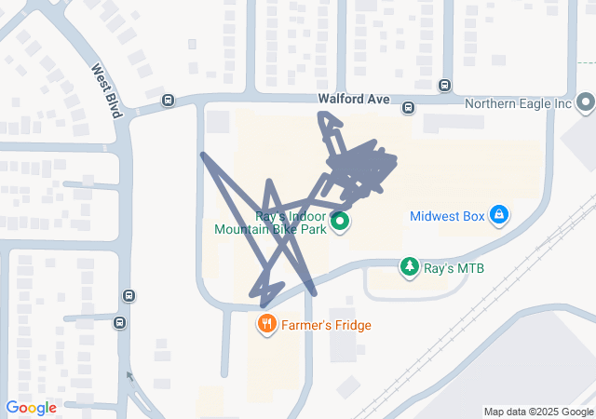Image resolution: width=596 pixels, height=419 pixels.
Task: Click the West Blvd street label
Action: point(107,90)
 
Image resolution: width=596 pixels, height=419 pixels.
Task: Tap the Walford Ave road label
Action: point(352,98)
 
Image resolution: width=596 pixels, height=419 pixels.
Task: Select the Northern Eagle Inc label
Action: point(517,103)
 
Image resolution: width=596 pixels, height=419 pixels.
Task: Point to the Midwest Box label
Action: point(447,216)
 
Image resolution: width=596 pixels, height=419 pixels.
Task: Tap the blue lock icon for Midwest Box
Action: point(499,215)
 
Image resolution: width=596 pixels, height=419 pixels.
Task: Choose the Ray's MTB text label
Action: point(454,268)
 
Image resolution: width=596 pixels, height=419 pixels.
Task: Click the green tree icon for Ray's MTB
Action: point(409,267)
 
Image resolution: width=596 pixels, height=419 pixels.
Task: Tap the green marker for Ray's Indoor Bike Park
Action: point(340,222)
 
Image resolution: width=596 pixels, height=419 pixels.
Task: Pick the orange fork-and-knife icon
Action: point(266,324)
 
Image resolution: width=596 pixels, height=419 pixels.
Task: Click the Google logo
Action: point(31,408)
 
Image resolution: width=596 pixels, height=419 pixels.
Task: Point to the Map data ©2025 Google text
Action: point(537,412)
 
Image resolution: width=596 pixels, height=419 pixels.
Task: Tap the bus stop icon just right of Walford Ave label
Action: point(408,109)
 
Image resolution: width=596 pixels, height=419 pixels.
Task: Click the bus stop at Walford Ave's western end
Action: point(168,101)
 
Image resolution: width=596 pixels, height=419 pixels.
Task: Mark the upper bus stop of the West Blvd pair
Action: point(129,297)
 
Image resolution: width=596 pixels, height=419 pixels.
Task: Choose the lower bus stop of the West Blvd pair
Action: point(119,323)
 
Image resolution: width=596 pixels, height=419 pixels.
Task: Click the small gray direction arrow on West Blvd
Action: point(129,376)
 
